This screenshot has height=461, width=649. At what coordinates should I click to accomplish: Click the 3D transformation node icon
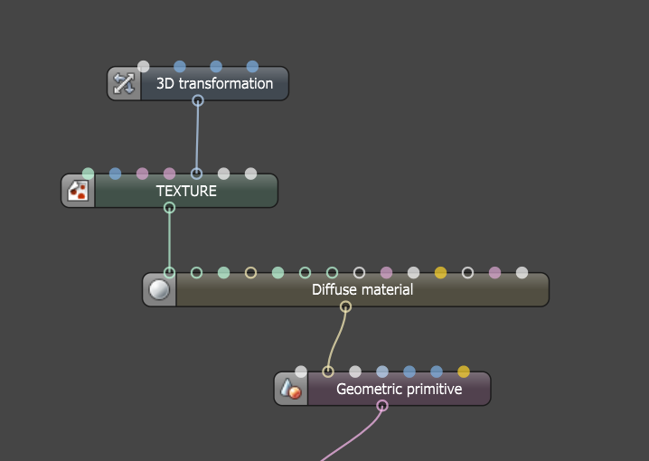point(124,83)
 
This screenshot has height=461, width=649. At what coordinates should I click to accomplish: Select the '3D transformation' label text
point(215,83)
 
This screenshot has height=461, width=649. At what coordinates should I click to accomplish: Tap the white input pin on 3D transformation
point(143,66)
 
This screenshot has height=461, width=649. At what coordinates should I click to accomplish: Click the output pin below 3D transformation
point(198,100)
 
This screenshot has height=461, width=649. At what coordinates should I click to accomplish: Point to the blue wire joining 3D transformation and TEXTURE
point(197,137)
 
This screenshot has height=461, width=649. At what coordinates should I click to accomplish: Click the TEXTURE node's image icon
point(78,191)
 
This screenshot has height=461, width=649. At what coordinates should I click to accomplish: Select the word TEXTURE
point(186,191)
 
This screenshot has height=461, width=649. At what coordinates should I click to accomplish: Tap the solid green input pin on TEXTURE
point(89,174)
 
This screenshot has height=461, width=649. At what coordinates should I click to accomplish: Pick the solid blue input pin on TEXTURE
point(115,174)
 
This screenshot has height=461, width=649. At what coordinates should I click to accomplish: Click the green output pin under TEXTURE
point(169,207)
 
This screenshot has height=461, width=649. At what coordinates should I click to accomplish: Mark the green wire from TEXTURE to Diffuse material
point(169,240)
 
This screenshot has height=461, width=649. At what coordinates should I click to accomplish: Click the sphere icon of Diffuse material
point(159,289)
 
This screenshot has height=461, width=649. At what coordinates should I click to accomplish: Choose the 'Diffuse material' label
point(362,289)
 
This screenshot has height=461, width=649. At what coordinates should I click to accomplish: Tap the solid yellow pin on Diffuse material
point(440,273)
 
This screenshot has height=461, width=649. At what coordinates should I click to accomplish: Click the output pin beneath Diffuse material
point(345,306)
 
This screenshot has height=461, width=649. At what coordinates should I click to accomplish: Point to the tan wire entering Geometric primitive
point(335,339)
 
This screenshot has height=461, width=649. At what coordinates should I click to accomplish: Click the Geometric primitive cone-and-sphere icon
point(290,389)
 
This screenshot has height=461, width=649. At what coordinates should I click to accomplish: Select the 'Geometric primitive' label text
point(400,389)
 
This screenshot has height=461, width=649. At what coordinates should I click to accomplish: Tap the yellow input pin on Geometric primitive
point(464,372)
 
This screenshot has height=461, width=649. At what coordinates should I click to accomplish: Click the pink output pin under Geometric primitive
point(382,406)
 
